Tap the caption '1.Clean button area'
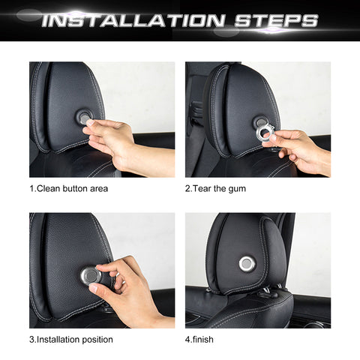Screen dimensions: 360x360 [68, 188]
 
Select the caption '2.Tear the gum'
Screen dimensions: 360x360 [215, 188]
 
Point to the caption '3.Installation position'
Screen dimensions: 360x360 [71, 339]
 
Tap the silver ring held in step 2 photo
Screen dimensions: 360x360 [266, 132]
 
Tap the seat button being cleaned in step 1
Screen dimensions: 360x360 [83, 117]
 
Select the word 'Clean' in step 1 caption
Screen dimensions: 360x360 [50, 188]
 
